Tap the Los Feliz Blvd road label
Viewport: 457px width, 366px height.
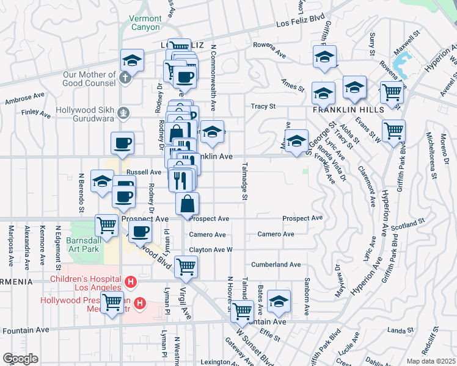coord(300,23)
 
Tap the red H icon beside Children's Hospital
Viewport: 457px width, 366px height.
coord(130,282)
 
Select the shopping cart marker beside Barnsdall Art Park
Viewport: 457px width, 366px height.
coord(107,224)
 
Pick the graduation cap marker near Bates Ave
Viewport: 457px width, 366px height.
coord(279,300)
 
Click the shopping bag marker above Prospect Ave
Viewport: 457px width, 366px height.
coord(188,203)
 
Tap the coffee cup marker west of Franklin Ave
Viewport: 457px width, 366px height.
coord(122,143)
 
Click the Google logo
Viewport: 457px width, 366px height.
coord(20,358)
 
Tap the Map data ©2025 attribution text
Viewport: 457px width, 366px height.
coord(431,361)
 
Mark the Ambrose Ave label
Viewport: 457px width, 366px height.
coord(24,98)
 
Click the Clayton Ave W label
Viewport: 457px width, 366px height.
coord(211,250)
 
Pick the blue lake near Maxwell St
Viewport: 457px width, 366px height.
coord(403,62)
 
